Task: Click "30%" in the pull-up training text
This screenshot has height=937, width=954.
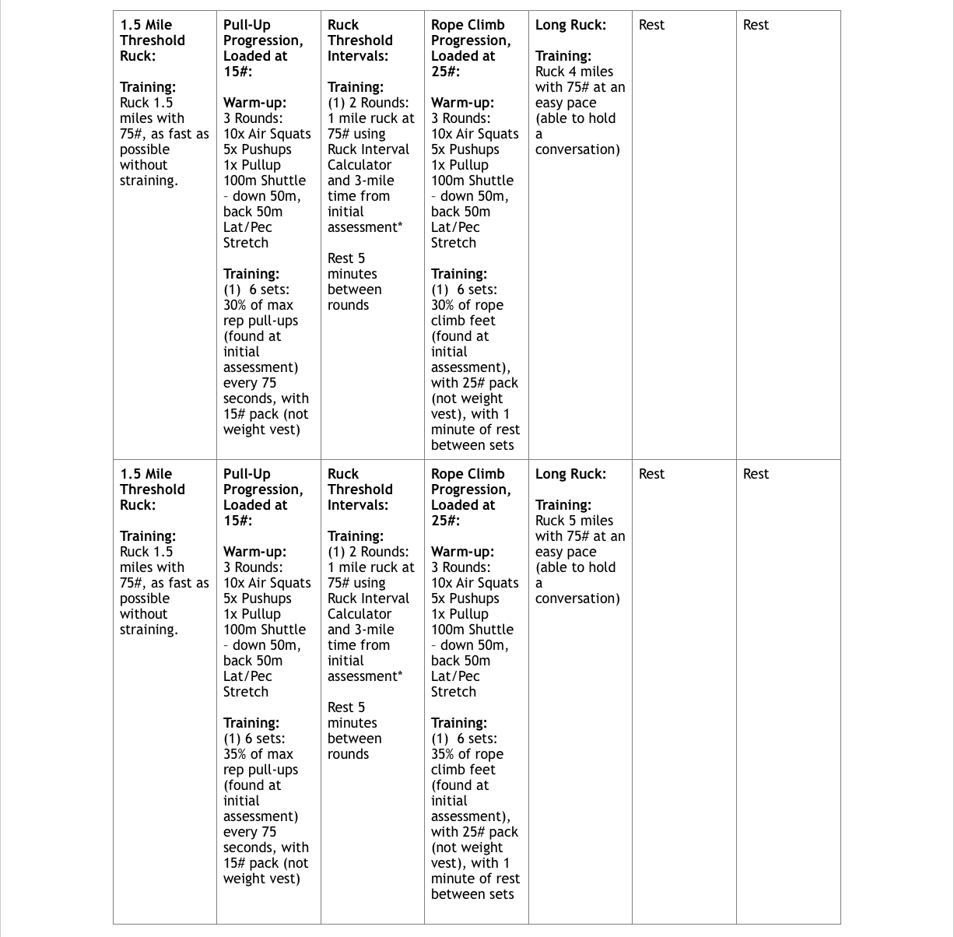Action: [x=235, y=305]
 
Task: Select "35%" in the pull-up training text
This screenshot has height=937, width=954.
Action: [x=235, y=754]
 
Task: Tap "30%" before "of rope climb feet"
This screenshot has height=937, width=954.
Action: [x=443, y=305]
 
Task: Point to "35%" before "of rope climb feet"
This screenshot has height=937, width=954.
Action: [x=443, y=754]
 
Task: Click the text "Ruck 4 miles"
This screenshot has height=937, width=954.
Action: [x=573, y=72]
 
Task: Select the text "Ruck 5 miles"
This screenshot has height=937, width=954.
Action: [x=573, y=521]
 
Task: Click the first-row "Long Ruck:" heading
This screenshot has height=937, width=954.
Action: [x=570, y=25]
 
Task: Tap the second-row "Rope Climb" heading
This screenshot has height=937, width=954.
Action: [x=468, y=474]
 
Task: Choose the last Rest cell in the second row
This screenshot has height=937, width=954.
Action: [x=755, y=474]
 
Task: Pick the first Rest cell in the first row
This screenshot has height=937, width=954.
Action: [x=651, y=25]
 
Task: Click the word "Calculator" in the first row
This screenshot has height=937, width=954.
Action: [x=359, y=165]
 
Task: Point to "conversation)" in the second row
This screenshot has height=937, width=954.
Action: [x=577, y=598]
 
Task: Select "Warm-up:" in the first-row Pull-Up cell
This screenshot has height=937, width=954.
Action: [x=254, y=103]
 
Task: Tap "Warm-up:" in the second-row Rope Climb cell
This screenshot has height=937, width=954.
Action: [x=462, y=552]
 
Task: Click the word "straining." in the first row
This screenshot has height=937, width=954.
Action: [x=149, y=181]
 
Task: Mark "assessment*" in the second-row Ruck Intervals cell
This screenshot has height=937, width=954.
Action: [x=364, y=676]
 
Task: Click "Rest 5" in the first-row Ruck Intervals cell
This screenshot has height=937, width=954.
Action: [x=345, y=258]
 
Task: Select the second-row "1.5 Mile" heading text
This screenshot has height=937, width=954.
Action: [x=146, y=474]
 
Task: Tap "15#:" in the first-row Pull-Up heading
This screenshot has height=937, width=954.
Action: [x=237, y=72]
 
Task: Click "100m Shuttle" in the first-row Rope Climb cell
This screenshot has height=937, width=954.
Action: [x=472, y=181]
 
